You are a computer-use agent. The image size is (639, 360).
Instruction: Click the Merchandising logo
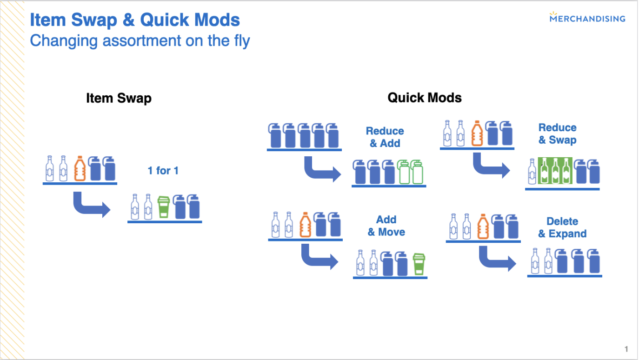(x=587, y=17)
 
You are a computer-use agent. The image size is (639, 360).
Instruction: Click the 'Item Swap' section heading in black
(x=119, y=98)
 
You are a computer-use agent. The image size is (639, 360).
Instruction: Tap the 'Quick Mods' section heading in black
(x=425, y=98)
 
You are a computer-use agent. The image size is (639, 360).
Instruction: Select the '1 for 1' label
(x=163, y=171)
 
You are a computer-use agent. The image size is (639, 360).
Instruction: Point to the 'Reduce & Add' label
(x=385, y=137)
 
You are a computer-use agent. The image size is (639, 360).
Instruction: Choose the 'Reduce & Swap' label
(x=558, y=133)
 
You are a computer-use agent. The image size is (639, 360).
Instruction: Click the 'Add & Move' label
(x=386, y=226)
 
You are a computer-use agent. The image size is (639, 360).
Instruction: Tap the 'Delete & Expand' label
(x=562, y=227)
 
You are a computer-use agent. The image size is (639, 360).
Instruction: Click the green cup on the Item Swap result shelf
(x=164, y=207)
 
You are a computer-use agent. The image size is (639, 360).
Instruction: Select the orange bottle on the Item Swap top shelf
(x=80, y=168)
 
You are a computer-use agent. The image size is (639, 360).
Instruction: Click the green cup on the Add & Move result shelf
(x=419, y=264)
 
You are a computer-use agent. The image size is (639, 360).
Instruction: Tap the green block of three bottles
(x=555, y=171)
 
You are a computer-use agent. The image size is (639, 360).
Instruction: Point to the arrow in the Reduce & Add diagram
(x=320, y=172)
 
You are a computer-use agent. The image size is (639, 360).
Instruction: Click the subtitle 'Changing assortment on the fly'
(x=140, y=40)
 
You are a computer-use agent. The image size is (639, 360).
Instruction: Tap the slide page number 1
(x=626, y=349)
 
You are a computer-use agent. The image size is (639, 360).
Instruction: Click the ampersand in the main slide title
(x=129, y=20)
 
